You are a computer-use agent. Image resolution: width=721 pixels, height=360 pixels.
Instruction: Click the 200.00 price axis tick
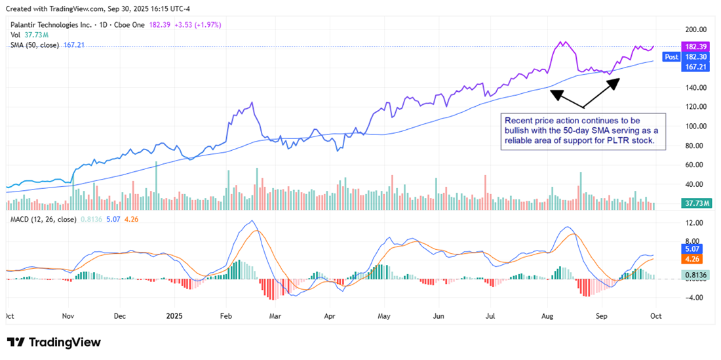click(695, 30)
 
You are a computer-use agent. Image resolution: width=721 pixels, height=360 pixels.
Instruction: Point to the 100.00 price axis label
click(695, 126)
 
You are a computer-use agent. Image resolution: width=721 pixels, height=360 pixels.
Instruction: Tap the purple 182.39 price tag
click(694, 47)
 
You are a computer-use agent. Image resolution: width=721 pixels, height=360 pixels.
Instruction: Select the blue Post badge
click(671, 57)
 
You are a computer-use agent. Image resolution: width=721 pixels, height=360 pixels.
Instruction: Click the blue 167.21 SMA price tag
click(694, 67)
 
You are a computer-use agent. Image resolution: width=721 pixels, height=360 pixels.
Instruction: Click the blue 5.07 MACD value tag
click(692, 249)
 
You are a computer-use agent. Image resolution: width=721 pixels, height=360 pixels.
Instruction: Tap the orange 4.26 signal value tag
click(692, 259)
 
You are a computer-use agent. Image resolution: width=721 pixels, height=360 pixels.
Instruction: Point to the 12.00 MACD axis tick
click(694, 223)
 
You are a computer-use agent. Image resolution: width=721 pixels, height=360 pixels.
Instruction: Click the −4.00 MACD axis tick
click(693, 297)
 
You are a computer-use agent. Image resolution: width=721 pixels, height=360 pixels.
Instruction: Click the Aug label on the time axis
click(548, 315)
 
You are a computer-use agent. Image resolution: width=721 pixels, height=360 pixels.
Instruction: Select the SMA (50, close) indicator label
click(34, 45)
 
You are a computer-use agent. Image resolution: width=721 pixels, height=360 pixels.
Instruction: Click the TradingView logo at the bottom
click(54, 342)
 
